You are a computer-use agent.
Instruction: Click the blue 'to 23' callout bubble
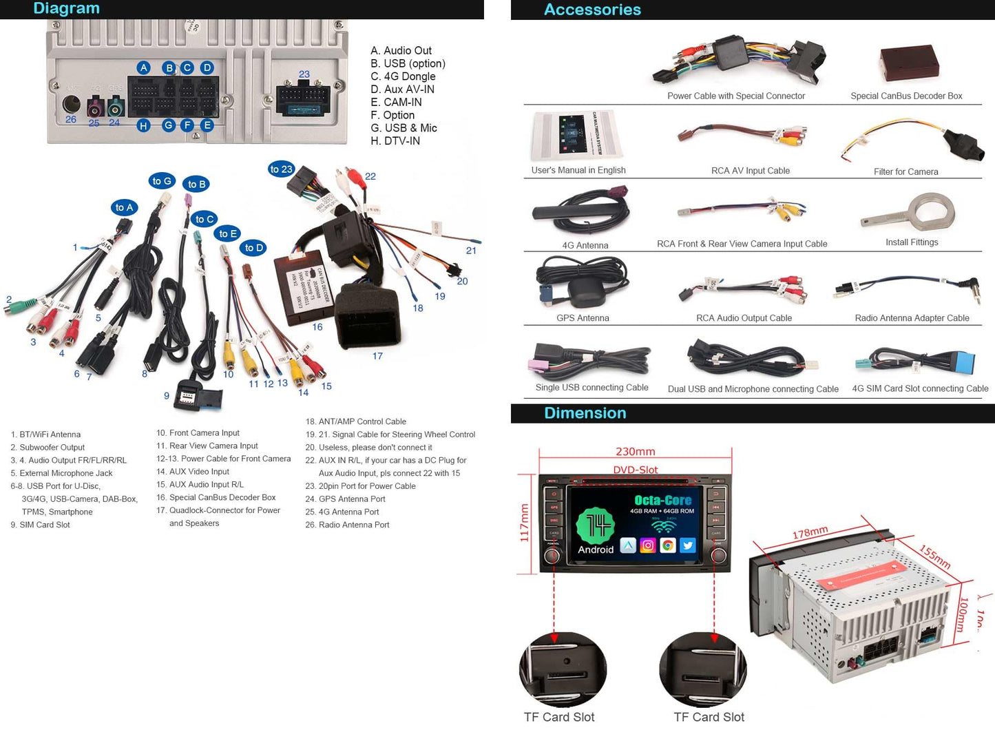pyautogui.click(x=281, y=169)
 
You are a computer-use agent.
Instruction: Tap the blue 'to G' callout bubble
pyautogui.click(x=162, y=181)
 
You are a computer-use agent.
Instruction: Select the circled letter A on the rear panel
pyautogui.click(x=143, y=67)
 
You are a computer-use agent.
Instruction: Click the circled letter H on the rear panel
pyautogui.click(x=143, y=125)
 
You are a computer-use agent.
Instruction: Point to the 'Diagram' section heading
pyautogui.click(x=67, y=9)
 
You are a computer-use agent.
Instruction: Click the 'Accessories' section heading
pyautogui.click(x=592, y=10)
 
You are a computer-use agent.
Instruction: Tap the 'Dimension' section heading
pyautogui.click(x=585, y=413)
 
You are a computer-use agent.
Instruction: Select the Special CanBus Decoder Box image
pyautogui.click(x=909, y=64)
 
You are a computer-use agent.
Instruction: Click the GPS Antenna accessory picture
pyautogui.click(x=582, y=284)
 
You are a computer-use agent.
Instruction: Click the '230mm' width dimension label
pyautogui.click(x=635, y=452)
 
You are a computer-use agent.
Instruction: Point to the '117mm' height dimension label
pyautogui.click(x=525, y=523)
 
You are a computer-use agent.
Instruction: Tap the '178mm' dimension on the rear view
pyautogui.click(x=810, y=533)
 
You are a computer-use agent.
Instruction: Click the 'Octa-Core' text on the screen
pyautogui.click(x=662, y=500)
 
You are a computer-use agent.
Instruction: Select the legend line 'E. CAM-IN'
pyautogui.click(x=396, y=102)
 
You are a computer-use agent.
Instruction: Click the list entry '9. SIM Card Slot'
pyautogui.click(x=41, y=525)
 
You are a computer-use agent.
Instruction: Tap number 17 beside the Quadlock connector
pyautogui.click(x=377, y=356)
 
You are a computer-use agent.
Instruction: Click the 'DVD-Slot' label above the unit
pyautogui.click(x=636, y=470)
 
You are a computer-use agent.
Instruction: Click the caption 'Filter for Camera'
pyautogui.click(x=905, y=171)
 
